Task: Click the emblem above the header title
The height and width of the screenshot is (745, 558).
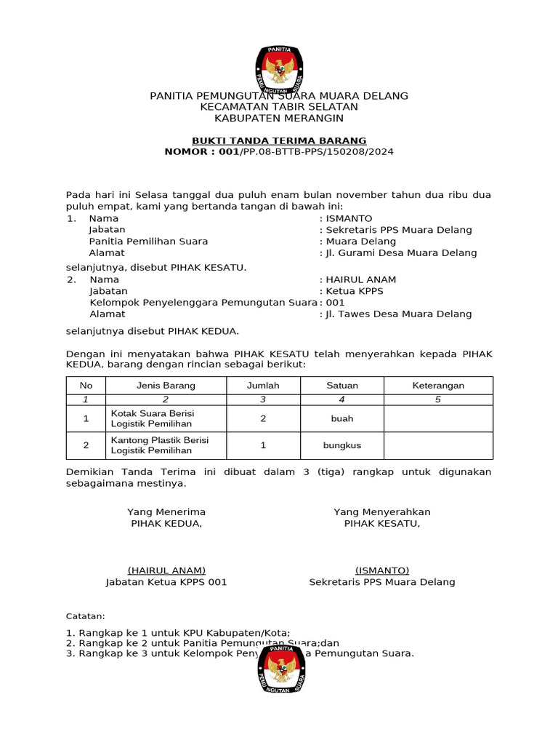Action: coord(279,68)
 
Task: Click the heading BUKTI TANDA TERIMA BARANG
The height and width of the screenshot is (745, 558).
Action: coord(279,140)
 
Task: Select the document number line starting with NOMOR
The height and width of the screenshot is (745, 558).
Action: coord(279,151)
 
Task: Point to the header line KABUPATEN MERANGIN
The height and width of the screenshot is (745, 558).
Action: coord(279,118)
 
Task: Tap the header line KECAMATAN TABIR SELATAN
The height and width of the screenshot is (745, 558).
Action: coord(279,107)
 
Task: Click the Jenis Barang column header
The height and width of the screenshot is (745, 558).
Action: coord(166,386)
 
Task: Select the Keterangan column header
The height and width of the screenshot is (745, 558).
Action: coord(438,386)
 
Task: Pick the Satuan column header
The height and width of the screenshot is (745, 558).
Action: coord(341,386)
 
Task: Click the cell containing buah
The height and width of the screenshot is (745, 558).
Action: coord(341,418)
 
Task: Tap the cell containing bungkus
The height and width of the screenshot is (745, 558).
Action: coord(341,445)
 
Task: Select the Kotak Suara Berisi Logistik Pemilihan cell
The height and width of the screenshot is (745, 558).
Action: coord(166,418)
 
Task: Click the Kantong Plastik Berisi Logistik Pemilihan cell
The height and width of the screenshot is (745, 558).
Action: coord(166,445)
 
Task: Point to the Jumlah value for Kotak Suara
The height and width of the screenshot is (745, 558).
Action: coord(263,418)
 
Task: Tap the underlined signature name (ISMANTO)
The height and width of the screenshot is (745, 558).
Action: coord(382,570)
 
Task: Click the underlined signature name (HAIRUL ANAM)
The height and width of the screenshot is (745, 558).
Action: coord(166,570)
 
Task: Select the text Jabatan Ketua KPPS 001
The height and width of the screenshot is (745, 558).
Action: coord(166,582)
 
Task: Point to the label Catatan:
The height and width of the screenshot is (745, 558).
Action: coord(86,615)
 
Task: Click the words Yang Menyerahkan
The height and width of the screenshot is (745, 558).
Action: coord(382,512)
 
